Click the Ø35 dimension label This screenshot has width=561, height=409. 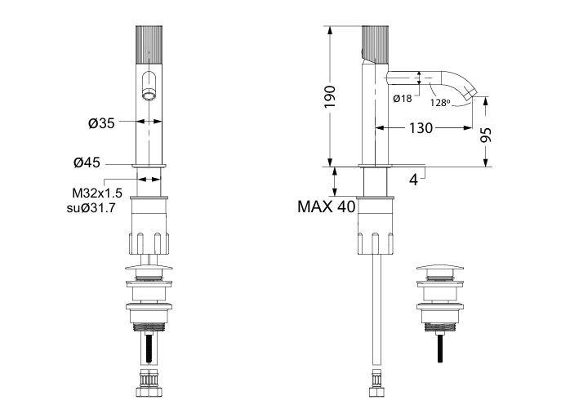[x=101, y=123]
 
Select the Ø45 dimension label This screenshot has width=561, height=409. [x=87, y=162]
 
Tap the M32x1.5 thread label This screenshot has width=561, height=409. [x=97, y=193]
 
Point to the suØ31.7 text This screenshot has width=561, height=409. [x=91, y=207]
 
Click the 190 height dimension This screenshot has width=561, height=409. [x=330, y=96]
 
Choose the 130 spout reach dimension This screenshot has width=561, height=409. [x=421, y=127]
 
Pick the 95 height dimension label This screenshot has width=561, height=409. [x=486, y=135]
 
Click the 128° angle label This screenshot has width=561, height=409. [x=439, y=103]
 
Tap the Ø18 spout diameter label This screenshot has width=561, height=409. [x=403, y=99]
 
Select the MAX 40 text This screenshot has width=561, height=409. [x=327, y=207]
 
